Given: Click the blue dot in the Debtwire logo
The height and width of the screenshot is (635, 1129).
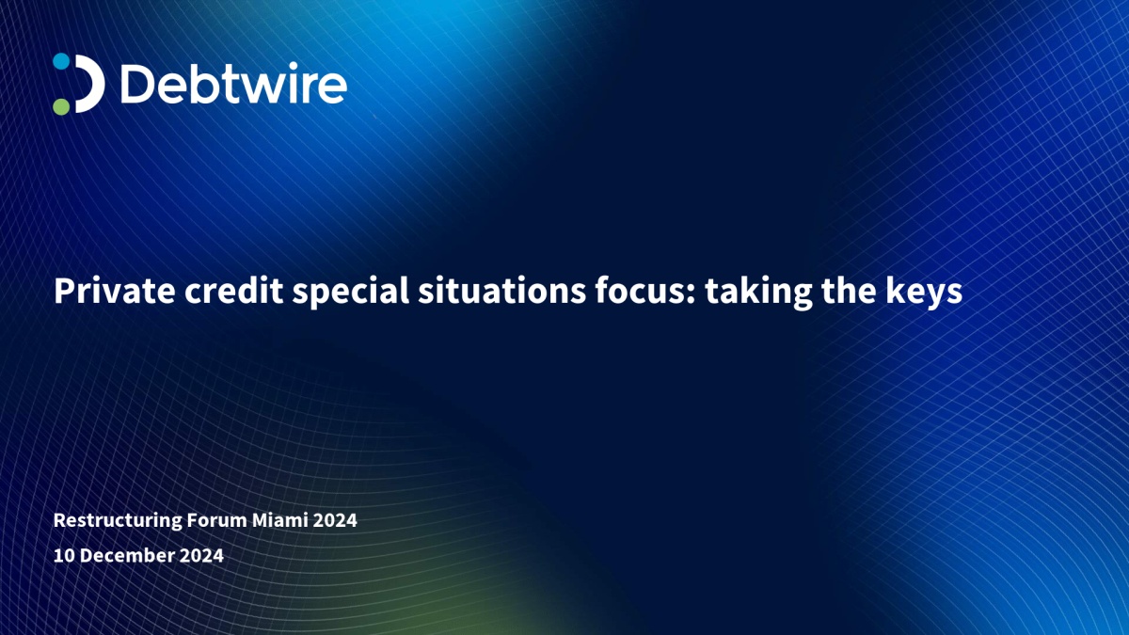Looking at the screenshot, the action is pos(61,61).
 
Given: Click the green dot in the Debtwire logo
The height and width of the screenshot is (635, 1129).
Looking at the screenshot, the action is pos(61,106).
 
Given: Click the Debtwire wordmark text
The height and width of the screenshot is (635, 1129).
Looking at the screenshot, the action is pos(233,83).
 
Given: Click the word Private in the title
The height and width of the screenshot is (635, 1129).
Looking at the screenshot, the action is pos(115,291).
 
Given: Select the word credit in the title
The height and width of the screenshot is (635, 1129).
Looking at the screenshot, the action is pos(233,291).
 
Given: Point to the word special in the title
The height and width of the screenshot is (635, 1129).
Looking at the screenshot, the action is pos(350,293).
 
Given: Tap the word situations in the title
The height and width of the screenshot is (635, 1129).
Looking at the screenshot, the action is pos(502,291).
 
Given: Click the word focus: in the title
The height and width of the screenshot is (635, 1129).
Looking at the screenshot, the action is pos(645,291).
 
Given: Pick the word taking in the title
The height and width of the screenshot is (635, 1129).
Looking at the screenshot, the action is pos(758,293).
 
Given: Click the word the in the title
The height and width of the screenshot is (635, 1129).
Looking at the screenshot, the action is pos(849,291).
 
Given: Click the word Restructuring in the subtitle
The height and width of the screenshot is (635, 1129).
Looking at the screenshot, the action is pos(118,520).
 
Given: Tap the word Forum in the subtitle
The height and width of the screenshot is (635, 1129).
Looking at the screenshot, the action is pos(216,519).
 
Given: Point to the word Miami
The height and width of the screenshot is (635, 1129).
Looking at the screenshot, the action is pos(279,519).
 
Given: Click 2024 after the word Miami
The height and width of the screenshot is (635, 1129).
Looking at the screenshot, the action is pos(335,519).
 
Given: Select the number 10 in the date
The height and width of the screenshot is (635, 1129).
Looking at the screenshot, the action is pos(64,555).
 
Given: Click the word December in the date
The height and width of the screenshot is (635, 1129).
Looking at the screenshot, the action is pos(127,555).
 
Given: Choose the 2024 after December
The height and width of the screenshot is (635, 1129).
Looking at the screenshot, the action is pos(201,555).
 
